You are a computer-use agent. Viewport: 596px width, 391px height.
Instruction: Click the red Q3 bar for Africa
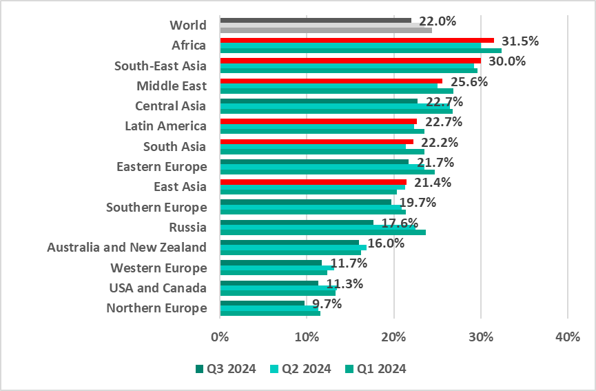click(356, 40)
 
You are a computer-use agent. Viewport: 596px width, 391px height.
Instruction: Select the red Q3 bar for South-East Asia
click(350, 60)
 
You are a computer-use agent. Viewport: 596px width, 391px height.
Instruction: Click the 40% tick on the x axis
click(566, 337)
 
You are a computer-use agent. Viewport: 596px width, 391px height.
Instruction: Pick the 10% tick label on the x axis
click(306, 337)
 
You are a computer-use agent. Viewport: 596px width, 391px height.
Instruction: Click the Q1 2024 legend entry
click(376, 368)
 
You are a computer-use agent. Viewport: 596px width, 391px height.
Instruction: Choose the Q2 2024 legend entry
click(301, 368)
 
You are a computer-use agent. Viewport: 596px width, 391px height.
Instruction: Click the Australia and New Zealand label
click(126, 248)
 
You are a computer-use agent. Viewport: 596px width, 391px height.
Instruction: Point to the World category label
click(188, 26)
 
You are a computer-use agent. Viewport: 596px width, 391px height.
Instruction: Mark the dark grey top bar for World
click(315, 21)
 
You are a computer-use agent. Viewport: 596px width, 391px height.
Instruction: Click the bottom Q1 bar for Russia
click(322, 232)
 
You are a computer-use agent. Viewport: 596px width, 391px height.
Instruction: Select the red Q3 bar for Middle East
click(331, 81)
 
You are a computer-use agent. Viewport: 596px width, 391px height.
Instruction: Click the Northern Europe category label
click(156, 308)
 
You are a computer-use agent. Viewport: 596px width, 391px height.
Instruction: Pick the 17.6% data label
click(400, 223)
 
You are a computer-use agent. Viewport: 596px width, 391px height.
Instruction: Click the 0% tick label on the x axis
click(220, 337)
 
